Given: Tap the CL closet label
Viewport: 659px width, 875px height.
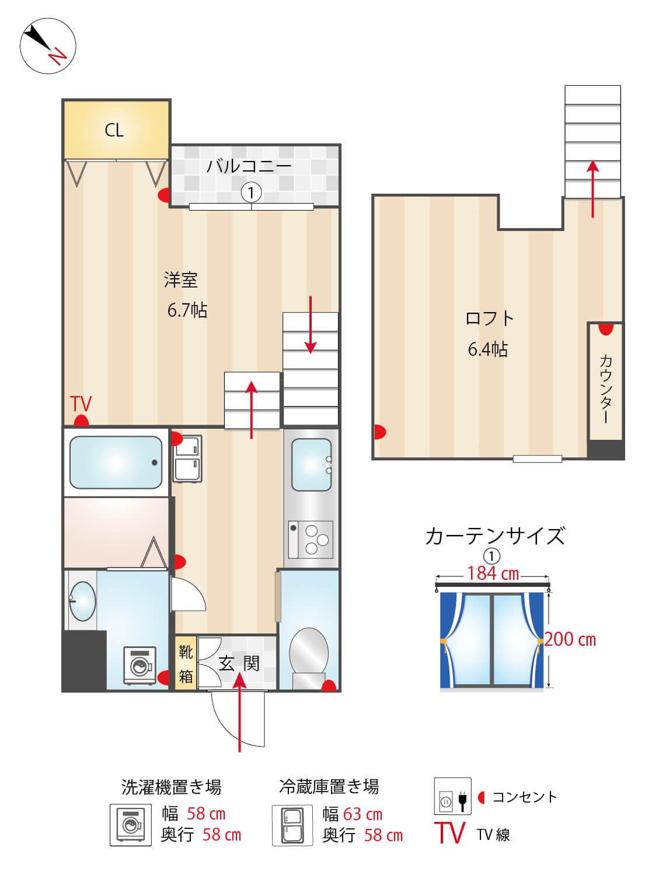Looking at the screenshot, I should click(x=114, y=130).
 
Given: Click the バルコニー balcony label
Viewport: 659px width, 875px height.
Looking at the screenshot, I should click(x=249, y=166).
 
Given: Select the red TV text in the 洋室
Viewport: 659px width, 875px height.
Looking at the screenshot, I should click(x=81, y=403).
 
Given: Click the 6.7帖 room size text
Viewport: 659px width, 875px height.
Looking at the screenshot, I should click(x=187, y=310).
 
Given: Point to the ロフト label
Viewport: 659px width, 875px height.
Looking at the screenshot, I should click(x=489, y=318).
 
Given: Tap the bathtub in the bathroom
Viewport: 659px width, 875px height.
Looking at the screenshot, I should click(x=116, y=463).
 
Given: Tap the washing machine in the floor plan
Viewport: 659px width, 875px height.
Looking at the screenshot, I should click(x=140, y=665).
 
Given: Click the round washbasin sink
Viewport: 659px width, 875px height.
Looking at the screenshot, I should click(x=82, y=601).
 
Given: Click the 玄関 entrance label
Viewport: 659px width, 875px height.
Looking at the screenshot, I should click(x=239, y=663).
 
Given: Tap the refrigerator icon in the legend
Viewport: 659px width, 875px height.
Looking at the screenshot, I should click(x=290, y=825).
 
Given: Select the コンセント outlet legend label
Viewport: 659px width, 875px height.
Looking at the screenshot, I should click(x=524, y=797).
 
